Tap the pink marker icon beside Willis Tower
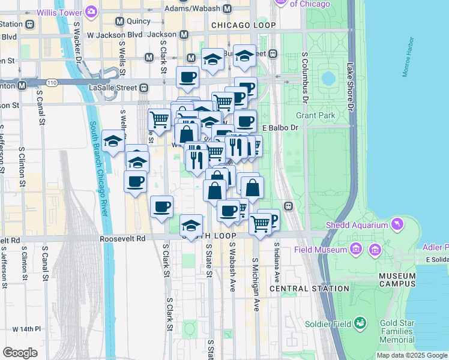(x=91, y=11)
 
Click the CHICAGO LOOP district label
(x=244, y=25)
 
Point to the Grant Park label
(x=315, y=115)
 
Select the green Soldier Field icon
(x=361, y=324)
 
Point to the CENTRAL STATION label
(x=309, y=289)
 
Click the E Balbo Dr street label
(x=280, y=128)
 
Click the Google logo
(x=20, y=352)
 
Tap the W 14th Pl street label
(x=27, y=329)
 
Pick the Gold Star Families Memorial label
(x=396, y=332)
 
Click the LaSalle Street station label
(x=118, y=88)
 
